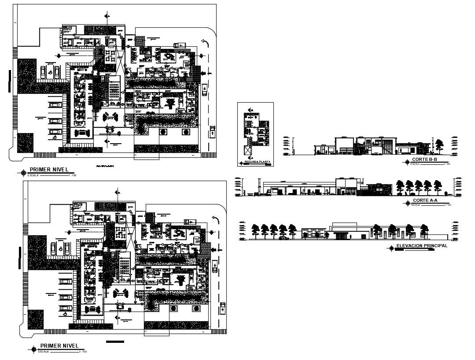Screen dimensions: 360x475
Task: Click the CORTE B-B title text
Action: click(424, 159)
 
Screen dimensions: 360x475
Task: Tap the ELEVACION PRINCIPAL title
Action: click(422, 245)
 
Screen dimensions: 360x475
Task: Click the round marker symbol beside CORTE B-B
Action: click(407, 162)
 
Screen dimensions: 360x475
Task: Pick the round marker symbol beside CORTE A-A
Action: click(407, 204)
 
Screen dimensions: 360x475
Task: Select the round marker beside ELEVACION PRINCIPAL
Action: click(390, 249)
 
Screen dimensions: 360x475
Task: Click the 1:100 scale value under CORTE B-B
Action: click(447, 164)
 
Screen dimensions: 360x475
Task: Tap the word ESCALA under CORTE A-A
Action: click(415, 205)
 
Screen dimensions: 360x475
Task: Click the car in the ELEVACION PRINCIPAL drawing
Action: click(284, 238)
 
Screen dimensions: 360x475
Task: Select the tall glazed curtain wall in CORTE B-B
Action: click(388, 146)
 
